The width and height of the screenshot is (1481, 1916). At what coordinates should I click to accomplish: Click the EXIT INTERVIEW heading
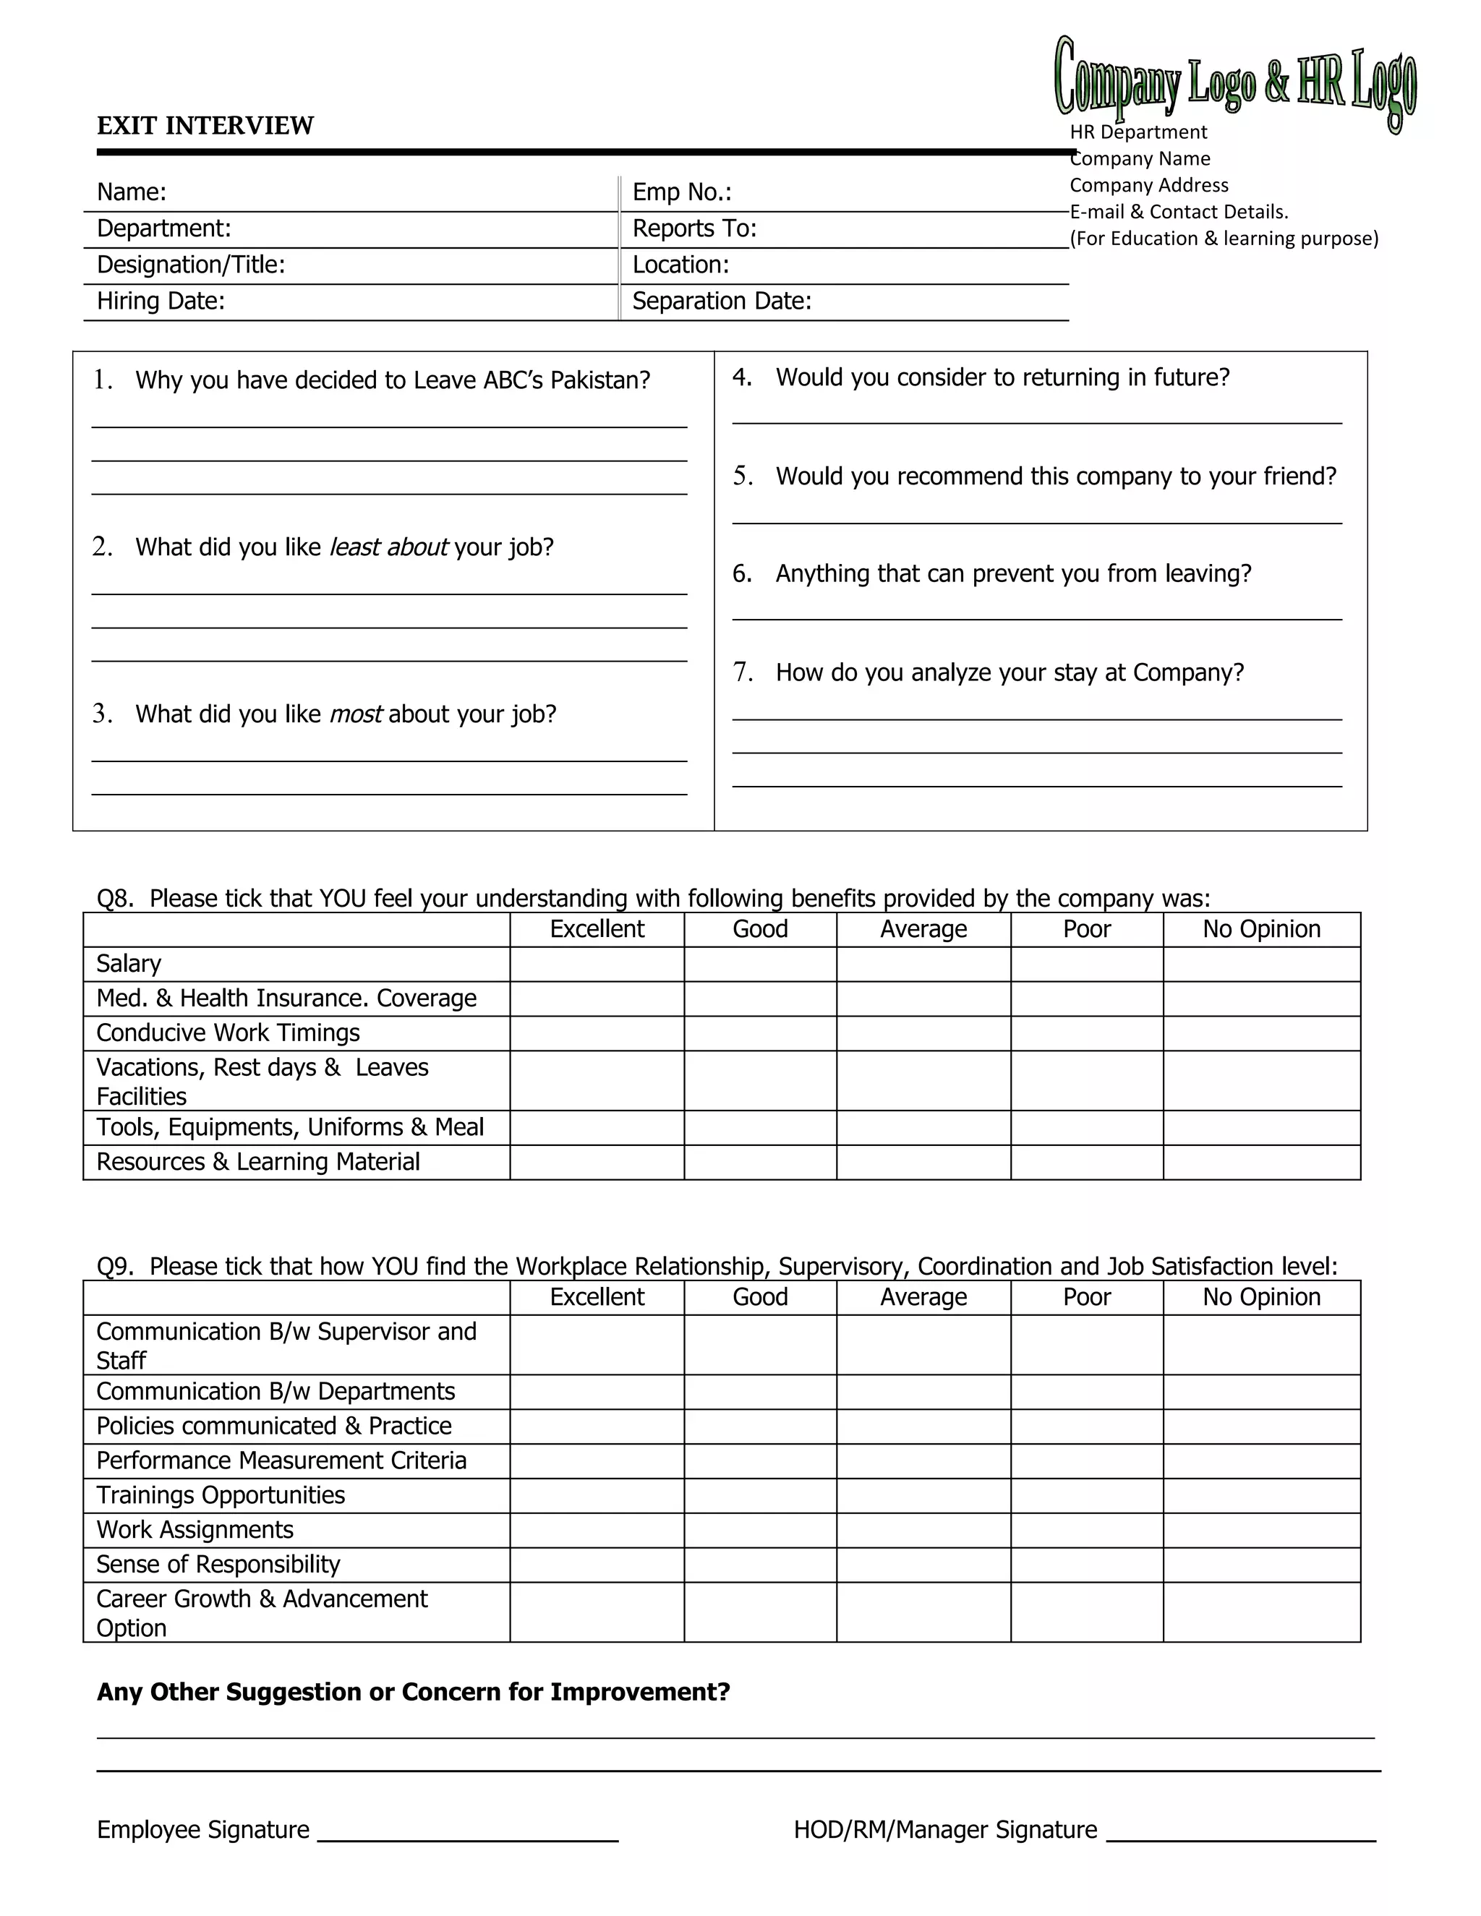(x=205, y=126)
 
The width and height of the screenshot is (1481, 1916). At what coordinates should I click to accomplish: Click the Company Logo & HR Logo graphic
(x=1234, y=83)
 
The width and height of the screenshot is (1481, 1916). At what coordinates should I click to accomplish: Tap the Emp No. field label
(x=682, y=192)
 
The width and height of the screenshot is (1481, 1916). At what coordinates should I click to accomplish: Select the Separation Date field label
(x=721, y=301)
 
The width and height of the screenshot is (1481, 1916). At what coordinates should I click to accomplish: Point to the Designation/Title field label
(x=190, y=265)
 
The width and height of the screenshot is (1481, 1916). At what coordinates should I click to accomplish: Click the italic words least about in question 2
(x=388, y=547)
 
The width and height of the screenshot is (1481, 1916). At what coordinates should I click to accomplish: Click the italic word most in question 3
(x=355, y=714)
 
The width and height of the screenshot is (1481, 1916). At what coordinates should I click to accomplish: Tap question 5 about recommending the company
(x=1056, y=476)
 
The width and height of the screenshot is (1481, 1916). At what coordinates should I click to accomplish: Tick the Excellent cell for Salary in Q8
(x=597, y=964)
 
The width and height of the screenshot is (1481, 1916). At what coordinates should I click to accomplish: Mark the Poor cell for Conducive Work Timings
(x=1086, y=1033)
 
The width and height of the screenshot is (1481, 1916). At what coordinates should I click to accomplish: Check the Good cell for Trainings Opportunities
(x=760, y=1496)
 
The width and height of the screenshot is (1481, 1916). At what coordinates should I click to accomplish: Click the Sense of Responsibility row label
(x=218, y=1564)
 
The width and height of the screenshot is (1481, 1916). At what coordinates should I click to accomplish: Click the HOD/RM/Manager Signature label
(x=945, y=1830)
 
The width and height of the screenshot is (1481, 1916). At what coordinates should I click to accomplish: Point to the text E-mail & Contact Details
(x=1178, y=211)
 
